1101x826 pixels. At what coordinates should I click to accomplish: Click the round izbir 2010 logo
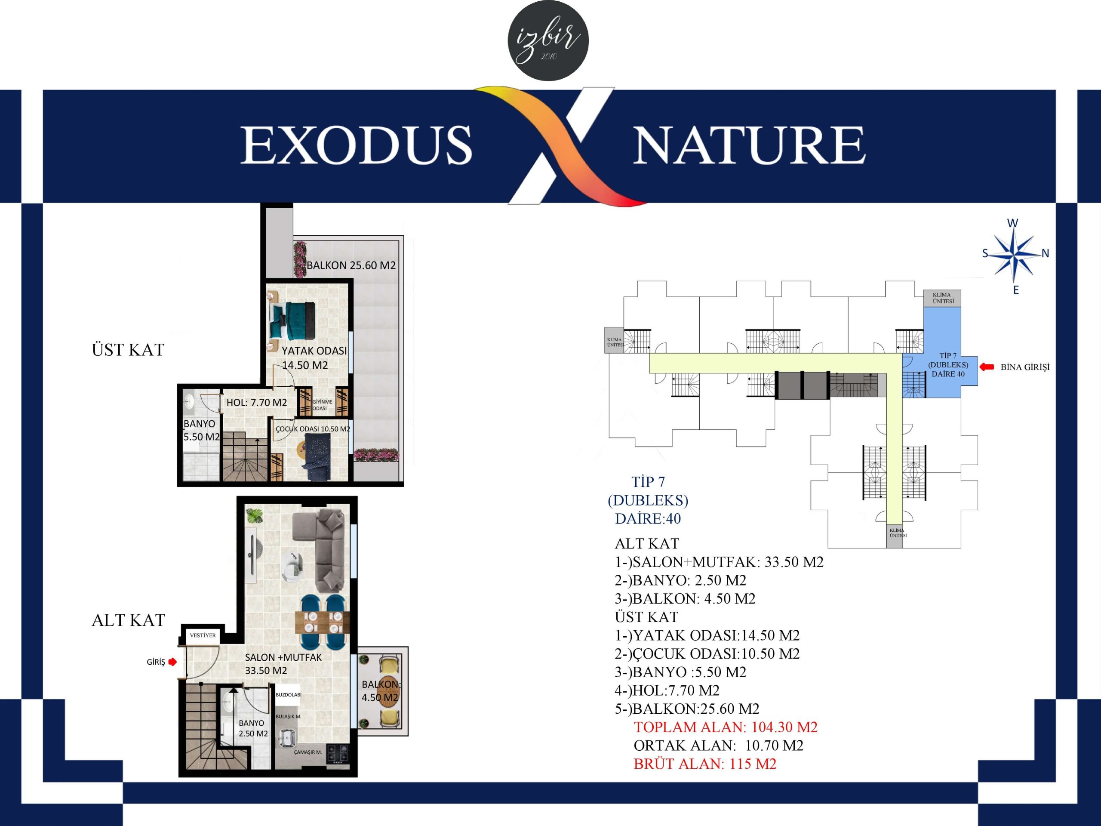pyautogui.click(x=548, y=40)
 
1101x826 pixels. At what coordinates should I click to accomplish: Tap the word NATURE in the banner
pyautogui.click(x=749, y=145)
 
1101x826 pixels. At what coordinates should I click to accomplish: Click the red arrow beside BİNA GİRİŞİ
pyautogui.click(x=987, y=367)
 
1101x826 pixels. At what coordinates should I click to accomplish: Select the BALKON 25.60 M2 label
pyautogui.click(x=351, y=265)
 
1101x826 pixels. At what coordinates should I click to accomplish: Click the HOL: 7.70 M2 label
pyautogui.click(x=256, y=402)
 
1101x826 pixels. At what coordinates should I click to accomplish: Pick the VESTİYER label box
pyautogui.click(x=203, y=635)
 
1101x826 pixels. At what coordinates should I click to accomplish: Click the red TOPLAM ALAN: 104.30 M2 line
pyautogui.click(x=725, y=727)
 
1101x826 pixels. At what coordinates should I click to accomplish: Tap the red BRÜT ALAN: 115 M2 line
pyautogui.click(x=705, y=764)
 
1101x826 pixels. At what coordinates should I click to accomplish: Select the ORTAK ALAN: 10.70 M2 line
pyautogui.click(x=718, y=746)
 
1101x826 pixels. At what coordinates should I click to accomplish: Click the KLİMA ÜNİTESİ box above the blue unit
pyautogui.click(x=943, y=298)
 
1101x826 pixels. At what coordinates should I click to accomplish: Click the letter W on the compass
pyautogui.click(x=1012, y=223)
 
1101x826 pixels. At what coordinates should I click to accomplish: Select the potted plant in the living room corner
pyautogui.click(x=255, y=516)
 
